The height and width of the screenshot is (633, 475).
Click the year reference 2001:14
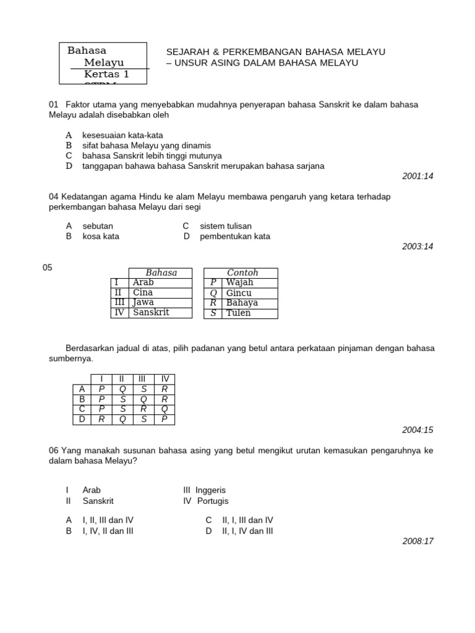(x=417, y=176)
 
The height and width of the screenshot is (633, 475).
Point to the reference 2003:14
(x=417, y=247)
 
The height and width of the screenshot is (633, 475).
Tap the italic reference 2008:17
(x=417, y=541)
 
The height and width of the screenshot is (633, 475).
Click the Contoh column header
(x=242, y=273)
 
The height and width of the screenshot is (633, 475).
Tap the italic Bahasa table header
(x=161, y=273)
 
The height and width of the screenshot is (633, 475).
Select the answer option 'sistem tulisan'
(x=225, y=226)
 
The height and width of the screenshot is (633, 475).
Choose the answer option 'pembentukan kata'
(x=234, y=236)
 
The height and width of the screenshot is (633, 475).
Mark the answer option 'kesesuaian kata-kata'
(x=122, y=135)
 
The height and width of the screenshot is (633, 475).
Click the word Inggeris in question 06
(x=210, y=490)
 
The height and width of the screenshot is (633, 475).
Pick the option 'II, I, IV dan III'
(x=247, y=531)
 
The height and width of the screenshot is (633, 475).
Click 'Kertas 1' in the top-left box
(x=106, y=74)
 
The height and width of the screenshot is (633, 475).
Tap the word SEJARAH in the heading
(x=188, y=52)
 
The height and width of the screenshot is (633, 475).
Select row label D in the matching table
(x=81, y=419)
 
